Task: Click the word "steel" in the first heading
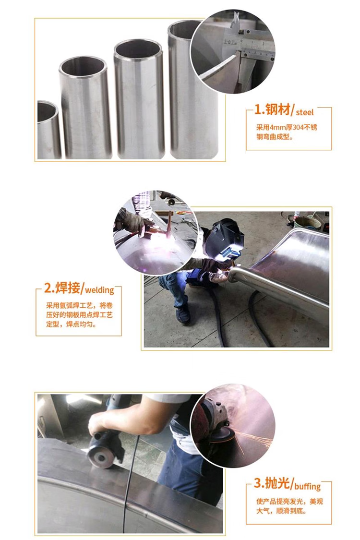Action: point(305,112)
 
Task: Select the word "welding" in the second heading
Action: point(99,290)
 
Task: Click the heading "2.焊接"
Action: point(62,288)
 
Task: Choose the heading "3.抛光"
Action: point(272,483)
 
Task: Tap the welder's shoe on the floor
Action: point(182,314)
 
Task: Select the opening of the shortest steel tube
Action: point(47,111)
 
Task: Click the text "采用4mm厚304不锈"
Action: point(286,127)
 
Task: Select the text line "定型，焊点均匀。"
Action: point(72,324)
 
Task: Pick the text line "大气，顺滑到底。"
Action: point(281,510)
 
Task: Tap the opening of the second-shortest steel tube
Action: point(83,67)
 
